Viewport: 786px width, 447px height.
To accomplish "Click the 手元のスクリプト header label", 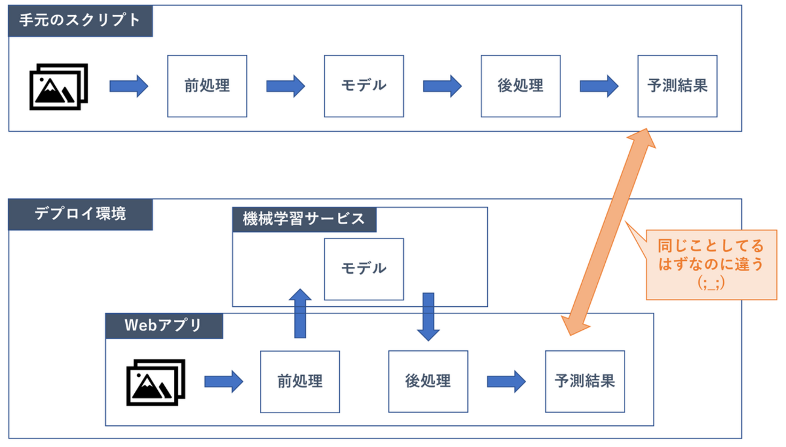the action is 80,21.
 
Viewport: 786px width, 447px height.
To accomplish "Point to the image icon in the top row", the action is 59,86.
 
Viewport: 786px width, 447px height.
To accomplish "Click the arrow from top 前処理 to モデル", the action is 285,86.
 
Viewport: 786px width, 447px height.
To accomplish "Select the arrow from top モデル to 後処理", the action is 443,86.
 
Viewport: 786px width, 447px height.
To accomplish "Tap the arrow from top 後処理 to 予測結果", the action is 599,86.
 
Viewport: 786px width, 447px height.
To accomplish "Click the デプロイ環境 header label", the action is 80,214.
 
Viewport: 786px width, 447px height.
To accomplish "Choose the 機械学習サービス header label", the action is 304,219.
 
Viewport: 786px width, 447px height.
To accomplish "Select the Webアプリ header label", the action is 164,326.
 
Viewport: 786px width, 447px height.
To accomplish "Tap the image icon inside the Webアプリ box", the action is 156,382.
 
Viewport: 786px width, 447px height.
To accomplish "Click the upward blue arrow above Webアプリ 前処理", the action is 300,314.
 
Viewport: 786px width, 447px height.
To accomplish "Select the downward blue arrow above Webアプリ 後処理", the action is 428,317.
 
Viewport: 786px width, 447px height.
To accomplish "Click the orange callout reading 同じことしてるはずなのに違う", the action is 711,265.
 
